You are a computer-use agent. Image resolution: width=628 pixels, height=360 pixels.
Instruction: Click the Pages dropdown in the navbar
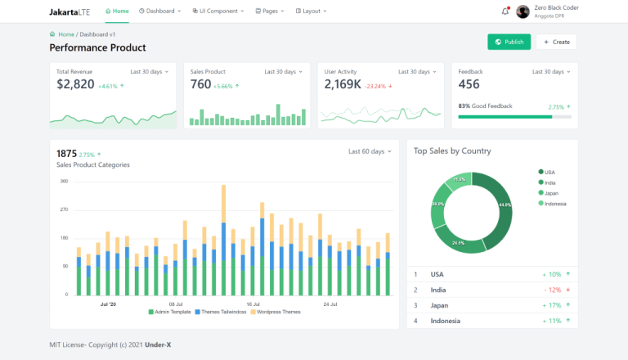coord(270,11)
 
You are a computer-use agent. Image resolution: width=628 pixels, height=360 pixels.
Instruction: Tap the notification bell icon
coord(505,11)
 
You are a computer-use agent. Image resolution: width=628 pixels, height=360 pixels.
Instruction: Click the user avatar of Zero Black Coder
coord(523,11)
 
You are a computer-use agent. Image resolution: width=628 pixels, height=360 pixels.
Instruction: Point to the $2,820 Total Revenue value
coord(75,84)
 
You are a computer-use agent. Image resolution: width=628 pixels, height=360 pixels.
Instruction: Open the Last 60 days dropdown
coord(369,151)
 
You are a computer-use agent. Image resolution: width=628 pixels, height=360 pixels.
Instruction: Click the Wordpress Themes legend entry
coord(276,312)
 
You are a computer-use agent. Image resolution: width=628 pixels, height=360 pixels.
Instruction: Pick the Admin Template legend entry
coord(173,312)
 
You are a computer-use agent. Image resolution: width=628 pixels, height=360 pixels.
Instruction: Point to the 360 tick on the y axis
coord(64,181)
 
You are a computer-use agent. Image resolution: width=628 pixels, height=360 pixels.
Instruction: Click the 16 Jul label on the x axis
coord(253,304)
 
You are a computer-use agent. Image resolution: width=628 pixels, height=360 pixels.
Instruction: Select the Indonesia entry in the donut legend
coord(554,203)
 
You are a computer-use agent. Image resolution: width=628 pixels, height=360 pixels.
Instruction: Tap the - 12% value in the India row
coord(551,290)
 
